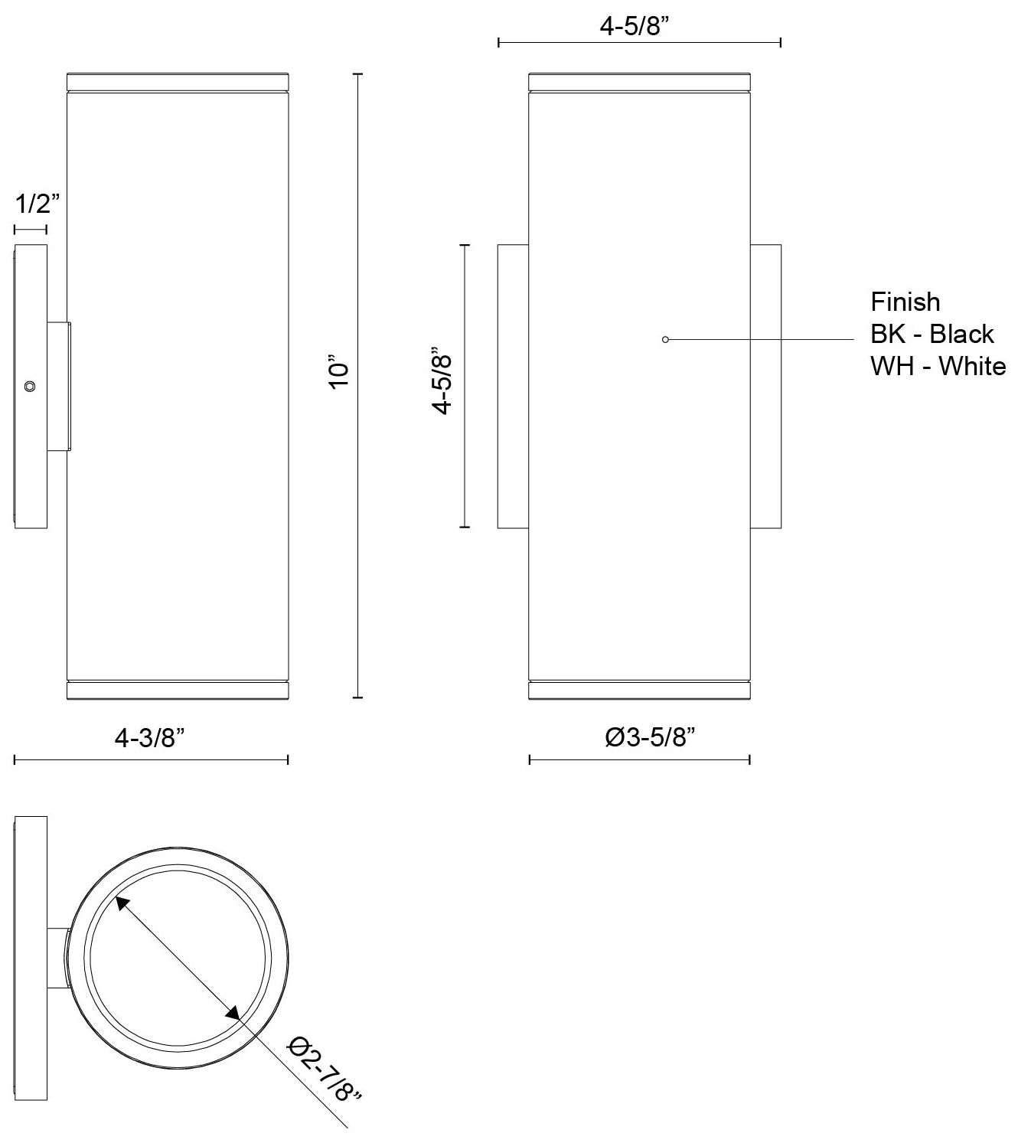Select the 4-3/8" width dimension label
[x=150, y=738]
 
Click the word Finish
[x=905, y=302]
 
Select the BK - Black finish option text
[x=932, y=334]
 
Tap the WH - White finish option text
[x=938, y=366]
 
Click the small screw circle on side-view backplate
[x=29, y=387]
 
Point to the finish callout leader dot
[x=665, y=339]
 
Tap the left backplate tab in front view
[x=513, y=387]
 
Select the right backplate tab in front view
[x=765, y=387]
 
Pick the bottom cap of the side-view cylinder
[x=178, y=691]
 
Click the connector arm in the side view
[x=60, y=387]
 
